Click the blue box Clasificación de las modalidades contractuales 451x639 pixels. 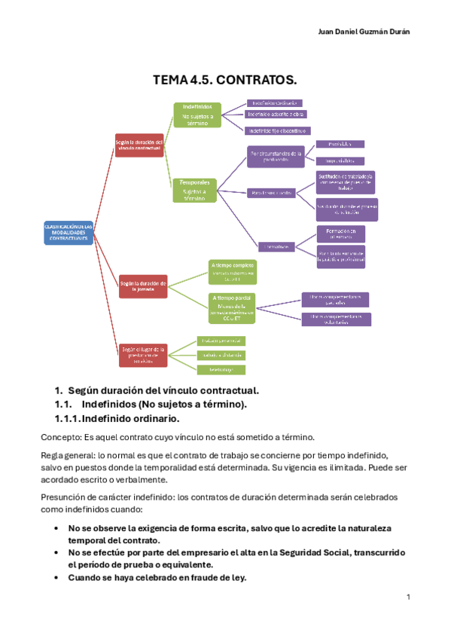coord(69,233)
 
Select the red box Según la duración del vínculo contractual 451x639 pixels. coord(139,145)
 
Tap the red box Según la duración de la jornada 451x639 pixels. coord(143,284)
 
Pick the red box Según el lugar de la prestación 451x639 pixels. coord(143,354)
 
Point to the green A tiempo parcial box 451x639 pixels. coord(232,307)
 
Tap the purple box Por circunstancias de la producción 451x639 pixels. coord(276,157)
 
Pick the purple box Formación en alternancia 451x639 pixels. coord(340,233)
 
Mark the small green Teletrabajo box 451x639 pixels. coord(221,369)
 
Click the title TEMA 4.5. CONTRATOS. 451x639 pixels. coord(225,79)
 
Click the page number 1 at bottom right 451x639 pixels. coord(407,598)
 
